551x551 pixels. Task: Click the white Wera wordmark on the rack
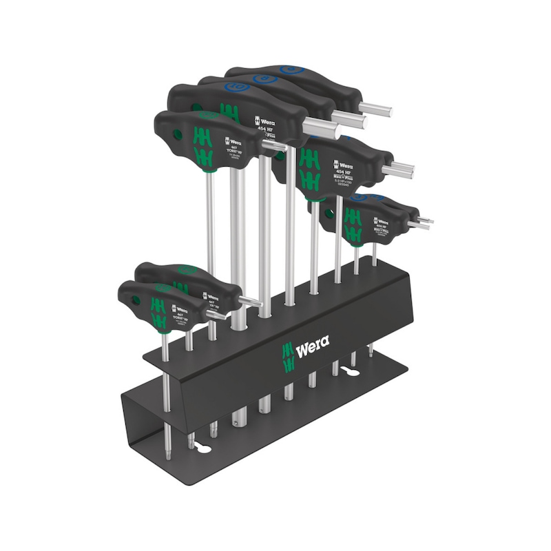[312, 342]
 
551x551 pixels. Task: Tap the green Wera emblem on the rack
[287, 350]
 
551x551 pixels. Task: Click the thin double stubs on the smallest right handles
[420, 222]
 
